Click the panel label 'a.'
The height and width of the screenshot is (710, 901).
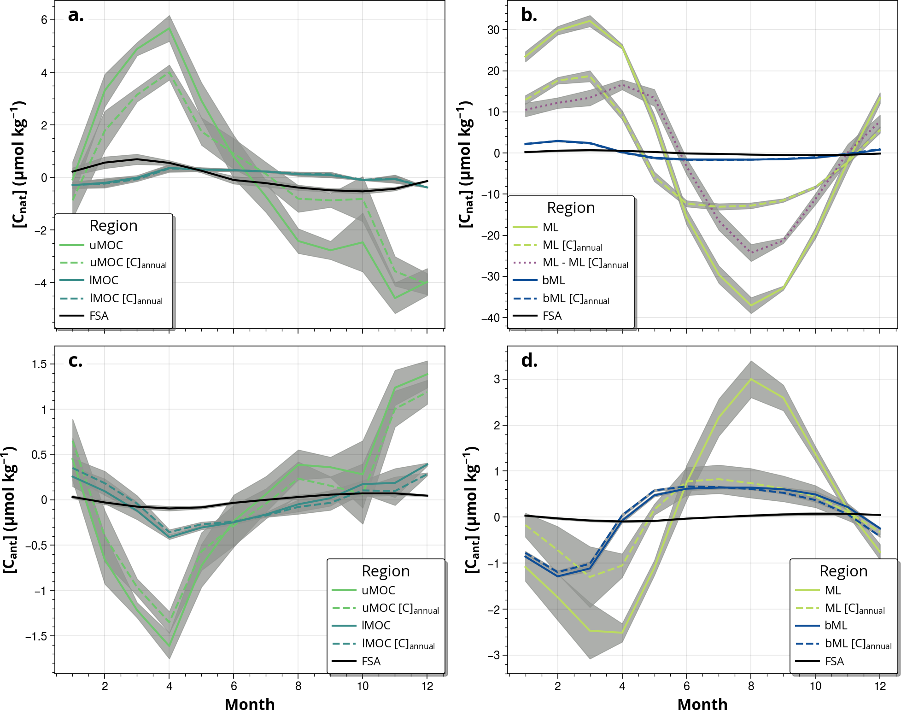pyautogui.click(x=76, y=16)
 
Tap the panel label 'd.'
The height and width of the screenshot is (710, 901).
pyautogui.click(x=529, y=361)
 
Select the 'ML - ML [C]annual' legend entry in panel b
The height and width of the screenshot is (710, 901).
pyautogui.click(x=585, y=263)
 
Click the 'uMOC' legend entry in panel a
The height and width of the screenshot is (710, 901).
pyautogui.click(x=106, y=245)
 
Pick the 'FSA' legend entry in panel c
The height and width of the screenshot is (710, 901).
pyautogui.click(x=371, y=662)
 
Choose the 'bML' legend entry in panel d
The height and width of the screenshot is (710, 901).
pyautogui.click(x=836, y=626)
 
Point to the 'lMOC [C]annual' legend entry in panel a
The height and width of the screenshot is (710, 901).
pyautogui.click(x=126, y=299)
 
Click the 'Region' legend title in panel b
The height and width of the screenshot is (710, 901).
pyautogui.click(x=571, y=208)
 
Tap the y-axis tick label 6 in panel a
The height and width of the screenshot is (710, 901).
pyautogui.click(x=44, y=20)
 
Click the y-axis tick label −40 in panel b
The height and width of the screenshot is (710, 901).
pyautogui.click(x=491, y=318)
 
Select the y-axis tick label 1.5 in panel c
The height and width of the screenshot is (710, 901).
pyautogui.click(x=40, y=364)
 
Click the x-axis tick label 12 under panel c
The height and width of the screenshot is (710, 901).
pyautogui.click(x=427, y=686)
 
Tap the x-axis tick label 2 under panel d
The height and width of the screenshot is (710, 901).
pyautogui.click(x=557, y=686)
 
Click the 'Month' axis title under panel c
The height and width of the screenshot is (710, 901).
pyautogui.click(x=250, y=704)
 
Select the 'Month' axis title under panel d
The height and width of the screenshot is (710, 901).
pyautogui.click(x=702, y=704)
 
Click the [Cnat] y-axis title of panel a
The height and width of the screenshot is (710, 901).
pyautogui.click(x=19, y=164)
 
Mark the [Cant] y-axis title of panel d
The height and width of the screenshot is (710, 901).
pyautogui.click(x=472, y=510)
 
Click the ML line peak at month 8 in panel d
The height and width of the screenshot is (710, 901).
pyautogui.click(x=751, y=379)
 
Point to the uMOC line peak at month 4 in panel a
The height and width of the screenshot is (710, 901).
pyautogui.click(x=170, y=28)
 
